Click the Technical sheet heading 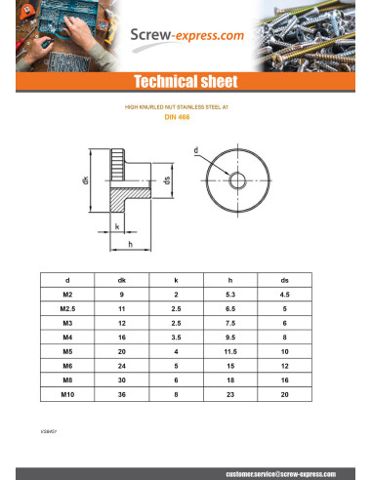(186, 81)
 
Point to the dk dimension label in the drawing (86, 180)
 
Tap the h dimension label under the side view (130, 243)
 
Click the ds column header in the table (284, 278)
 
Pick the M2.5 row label (67, 307)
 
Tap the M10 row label (67, 393)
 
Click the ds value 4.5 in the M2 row (284, 293)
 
